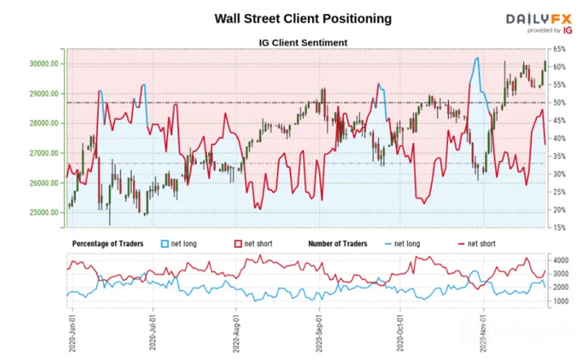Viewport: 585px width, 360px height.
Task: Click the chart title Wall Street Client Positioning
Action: pyautogui.click(x=303, y=19)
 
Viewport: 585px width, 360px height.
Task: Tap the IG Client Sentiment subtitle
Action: pyautogui.click(x=303, y=43)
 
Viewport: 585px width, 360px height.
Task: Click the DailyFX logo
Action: pyautogui.click(x=539, y=23)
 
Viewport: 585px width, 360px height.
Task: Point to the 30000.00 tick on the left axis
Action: pyautogui.click(x=44, y=64)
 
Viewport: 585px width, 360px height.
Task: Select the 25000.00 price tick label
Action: pyautogui.click(x=44, y=213)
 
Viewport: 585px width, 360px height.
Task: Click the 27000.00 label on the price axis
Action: pyautogui.click(x=44, y=153)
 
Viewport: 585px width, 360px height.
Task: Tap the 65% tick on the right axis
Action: pyautogui.click(x=559, y=49)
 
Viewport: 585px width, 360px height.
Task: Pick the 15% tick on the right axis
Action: pyautogui.click(x=559, y=227)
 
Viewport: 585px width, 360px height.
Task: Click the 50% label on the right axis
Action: pyautogui.click(x=559, y=103)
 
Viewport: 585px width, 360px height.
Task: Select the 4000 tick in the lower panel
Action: pyautogui.click(x=561, y=260)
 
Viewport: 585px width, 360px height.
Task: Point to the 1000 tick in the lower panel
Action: pyautogui.click(x=561, y=301)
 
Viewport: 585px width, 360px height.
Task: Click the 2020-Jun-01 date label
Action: pyautogui.click(x=73, y=333)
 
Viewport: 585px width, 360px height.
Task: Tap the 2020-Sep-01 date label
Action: pyautogui.click(x=319, y=333)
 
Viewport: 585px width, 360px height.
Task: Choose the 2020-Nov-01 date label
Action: pyautogui.click(x=483, y=333)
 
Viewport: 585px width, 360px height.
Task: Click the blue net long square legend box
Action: pyautogui.click(x=165, y=244)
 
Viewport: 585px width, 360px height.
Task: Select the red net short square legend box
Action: pyautogui.click(x=238, y=244)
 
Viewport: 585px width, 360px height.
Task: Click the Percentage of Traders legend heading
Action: pyautogui.click(x=108, y=244)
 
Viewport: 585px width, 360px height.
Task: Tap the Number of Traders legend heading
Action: pyautogui.click(x=337, y=244)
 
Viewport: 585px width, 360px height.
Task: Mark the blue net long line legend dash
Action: pyautogui.click(x=388, y=244)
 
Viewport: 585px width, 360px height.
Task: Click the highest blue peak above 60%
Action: pyautogui.click(x=477, y=58)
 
